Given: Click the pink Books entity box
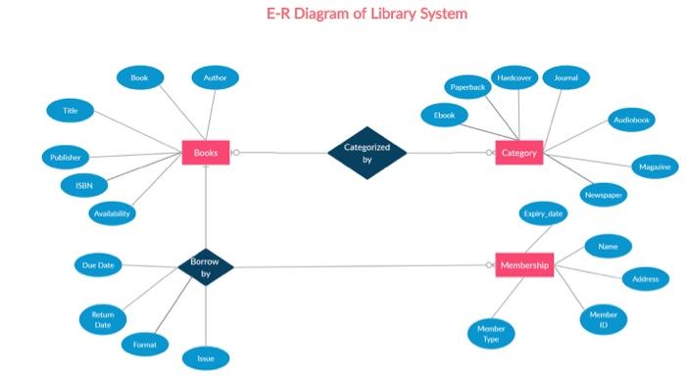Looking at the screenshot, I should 206,153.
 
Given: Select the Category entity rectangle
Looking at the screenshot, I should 518,153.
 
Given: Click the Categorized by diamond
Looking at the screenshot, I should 367,153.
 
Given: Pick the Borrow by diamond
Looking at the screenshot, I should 206,267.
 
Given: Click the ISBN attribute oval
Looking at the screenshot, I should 77,184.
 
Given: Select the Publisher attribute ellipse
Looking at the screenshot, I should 67,157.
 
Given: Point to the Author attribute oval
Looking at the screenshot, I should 215,77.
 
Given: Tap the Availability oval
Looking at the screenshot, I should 112,213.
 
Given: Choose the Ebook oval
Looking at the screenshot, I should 445,116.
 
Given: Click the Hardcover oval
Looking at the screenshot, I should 514,77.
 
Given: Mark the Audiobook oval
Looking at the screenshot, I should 631,119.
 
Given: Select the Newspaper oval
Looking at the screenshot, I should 604,196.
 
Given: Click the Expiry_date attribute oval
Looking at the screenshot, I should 543,213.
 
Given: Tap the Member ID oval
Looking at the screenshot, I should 603,318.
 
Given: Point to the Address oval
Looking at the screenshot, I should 645,279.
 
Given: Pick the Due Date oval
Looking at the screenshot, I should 98,265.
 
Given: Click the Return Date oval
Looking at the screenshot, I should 102,319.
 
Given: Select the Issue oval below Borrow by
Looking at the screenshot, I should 206,358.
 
